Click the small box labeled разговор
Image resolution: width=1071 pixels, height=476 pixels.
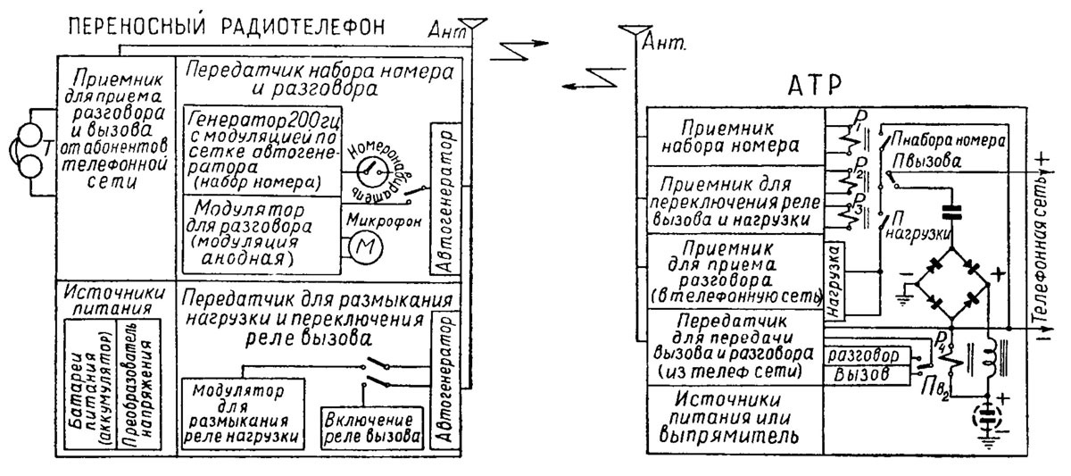[x=868, y=355]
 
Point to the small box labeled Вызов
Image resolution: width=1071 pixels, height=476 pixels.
[x=866, y=374]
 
